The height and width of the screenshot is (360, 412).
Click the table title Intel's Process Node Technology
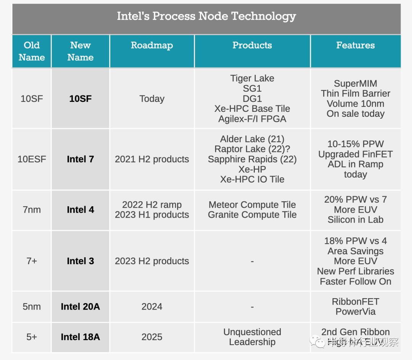pyautogui.click(x=206, y=16)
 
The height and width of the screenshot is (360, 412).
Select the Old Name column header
pyautogui.click(x=32, y=51)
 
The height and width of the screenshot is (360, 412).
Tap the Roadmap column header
pyautogui.click(x=152, y=45)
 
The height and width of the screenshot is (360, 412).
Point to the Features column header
pyautogui.click(x=355, y=45)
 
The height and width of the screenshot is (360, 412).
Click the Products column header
pyautogui.click(x=252, y=45)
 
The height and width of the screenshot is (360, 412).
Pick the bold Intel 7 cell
pyautogui.click(x=80, y=159)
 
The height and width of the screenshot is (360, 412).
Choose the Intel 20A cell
pyautogui.click(x=80, y=307)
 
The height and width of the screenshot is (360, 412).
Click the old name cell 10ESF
pyautogui.click(x=32, y=159)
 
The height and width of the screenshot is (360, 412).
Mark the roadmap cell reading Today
pyautogui.click(x=152, y=98)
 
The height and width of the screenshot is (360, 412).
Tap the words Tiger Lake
pyautogui.click(x=252, y=78)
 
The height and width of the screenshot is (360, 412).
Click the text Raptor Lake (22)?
pyautogui.click(x=252, y=149)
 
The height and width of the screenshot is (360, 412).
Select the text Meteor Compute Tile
pyautogui.click(x=252, y=205)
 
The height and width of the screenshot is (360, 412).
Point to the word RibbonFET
pyautogui.click(x=355, y=302)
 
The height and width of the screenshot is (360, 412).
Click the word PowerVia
pyautogui.click(x=355, y=312)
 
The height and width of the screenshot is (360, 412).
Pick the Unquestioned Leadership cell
pyautogui.click(x=252, y=337)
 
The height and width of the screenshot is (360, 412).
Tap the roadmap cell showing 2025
pyautogui.click(x=152, y=337)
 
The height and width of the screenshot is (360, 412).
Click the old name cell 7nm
pyautogui.click(x=32, y=210)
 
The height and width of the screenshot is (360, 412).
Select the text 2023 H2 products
pyautogui.click(x=152, y=261)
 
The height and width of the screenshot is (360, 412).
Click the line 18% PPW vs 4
pyautogui.click(x=355, y=241)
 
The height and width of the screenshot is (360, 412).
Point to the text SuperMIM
pyautogui.click(x=355, y=84)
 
